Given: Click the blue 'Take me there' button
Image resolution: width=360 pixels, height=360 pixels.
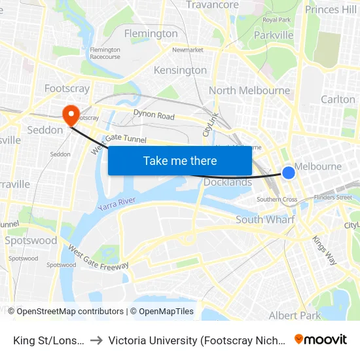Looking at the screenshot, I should click(x=180, y=160).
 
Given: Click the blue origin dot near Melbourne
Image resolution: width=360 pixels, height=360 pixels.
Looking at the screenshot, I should click(x=289, y=173).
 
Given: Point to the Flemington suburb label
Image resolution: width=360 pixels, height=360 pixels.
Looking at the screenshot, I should click(x=151, y=33).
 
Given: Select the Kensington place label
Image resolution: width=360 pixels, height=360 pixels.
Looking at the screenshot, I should click(x=180, y=70).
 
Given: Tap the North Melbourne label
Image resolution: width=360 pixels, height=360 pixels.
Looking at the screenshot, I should click(x=249, y=90).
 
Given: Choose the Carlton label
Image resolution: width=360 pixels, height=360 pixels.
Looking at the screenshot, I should click(x=338, y=99).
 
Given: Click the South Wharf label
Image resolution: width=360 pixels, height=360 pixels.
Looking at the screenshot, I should click(x=265, y=220).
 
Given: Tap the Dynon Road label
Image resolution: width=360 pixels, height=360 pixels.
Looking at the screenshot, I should click(x=154, y=115).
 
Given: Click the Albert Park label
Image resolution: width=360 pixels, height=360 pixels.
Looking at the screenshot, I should click(x=295, y=315).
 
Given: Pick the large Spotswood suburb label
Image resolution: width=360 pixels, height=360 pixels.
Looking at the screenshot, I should click(x=31, y=240).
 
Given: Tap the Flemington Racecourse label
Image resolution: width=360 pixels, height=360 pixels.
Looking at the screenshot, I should click(x=105, y=53).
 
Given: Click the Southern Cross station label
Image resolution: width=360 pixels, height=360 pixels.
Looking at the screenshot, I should click(x=277, y=200).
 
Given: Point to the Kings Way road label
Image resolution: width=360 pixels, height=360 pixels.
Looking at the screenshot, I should click(x=325, y=250).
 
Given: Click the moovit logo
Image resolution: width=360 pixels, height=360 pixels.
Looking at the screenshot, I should click(x=321, y=339).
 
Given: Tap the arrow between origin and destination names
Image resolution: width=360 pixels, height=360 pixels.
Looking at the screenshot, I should click(x=96, y=340).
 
